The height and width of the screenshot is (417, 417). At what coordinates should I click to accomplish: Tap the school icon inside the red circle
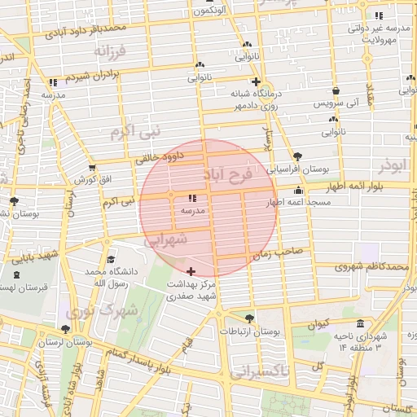pyautogui.click(x=192, y=198)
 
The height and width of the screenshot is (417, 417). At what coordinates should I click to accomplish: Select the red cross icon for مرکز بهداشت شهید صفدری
pyautogui.click(x=191, y=271)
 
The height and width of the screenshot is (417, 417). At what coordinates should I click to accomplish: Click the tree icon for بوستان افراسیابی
pyautogui.click(x=296, y=156)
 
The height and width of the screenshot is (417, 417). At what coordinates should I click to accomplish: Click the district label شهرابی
pyautogui.click(x=166, y=240)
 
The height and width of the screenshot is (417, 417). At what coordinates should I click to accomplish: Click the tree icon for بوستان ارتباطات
pyautogui.click(x=248, y=318)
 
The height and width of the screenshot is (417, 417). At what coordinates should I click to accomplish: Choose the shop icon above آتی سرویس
pyautogui.click(x=336, y=91)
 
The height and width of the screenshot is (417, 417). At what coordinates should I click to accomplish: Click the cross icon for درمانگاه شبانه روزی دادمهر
pyautogui.click(x=256, y=81)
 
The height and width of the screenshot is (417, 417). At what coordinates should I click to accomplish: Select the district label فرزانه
pyautogui.click(x=112, y=52)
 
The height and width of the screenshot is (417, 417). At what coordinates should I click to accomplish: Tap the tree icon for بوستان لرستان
pyautogui.click(x=65, y=329)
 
